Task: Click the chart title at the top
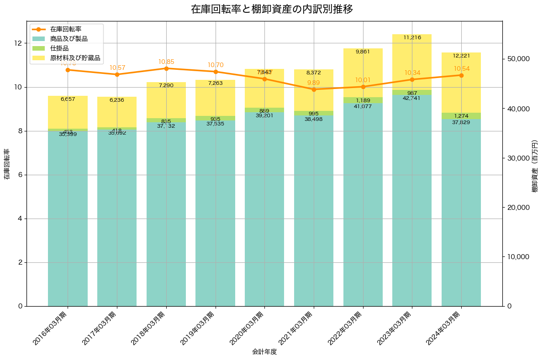[271, 9]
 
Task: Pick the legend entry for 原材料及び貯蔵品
[75, 58]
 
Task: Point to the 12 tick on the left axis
[18, 43]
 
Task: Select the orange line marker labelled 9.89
[314, 89]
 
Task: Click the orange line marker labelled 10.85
[166, 68]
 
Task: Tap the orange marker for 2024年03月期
[461, 75]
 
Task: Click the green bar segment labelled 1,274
[461, 116]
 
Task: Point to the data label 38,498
[314, 120]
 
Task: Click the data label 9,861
[363, 52]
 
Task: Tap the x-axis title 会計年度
[264, 352]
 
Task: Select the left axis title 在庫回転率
[7, 164]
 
